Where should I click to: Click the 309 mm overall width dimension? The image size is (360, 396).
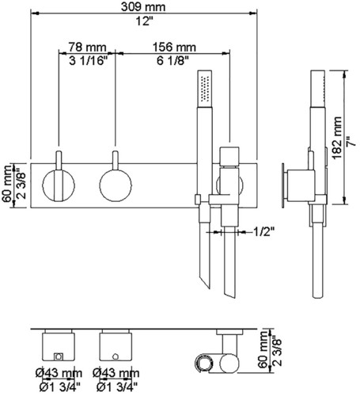pos(143,7)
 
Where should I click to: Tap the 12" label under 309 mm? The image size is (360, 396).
pos(145,21)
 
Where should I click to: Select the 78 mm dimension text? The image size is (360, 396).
pos(87,48)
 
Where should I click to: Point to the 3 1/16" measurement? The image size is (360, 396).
pos(89,61)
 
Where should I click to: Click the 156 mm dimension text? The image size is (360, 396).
pos(174,48)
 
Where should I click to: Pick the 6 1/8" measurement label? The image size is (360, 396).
pos(173,61)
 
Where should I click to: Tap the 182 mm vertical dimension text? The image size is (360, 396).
pos(337,138)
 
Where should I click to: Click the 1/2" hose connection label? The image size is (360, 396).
pos(264,232)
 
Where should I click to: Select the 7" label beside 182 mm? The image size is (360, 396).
pos(351,141)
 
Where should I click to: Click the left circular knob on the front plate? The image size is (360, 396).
pos(59,185)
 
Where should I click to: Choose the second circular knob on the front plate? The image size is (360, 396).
pos(116,185)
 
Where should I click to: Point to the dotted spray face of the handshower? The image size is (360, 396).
pos(205,89)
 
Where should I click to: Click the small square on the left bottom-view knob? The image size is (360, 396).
pos(59,356)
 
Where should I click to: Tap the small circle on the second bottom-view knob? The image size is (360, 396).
pos(116,356)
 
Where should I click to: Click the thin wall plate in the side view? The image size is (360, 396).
pos(282,185)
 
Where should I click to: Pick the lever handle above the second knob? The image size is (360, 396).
pos(116,160)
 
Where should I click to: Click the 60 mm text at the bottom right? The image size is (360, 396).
pos(263,350)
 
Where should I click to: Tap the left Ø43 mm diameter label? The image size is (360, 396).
pos(59,373)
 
